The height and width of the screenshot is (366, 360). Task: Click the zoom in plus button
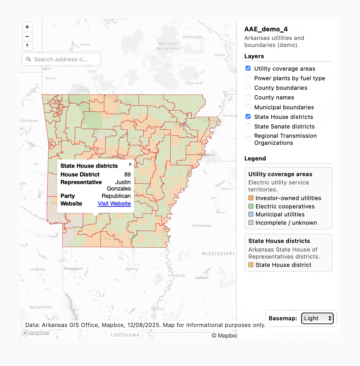pyautogui.click(x=27, y=27)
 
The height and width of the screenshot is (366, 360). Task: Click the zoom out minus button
pyautogui.click(x=27, y=36)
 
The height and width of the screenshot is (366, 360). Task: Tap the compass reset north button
pyautogui.click(x=27, y=46)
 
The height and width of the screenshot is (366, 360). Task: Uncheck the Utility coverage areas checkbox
pyautogui.click(x=248, y=68)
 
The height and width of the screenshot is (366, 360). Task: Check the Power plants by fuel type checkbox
pyautogui.click(x=248, y=78)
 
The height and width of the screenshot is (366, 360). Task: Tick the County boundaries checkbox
pyautogui.click(x=248, y=88)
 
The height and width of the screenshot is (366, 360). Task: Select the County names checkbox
pyautogui.click(x=248, y=97)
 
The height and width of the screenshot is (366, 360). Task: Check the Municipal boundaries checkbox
pyautogui.click(x=248, y=107)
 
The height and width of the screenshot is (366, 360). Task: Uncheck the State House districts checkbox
pyautogui.click(x=248, y=117)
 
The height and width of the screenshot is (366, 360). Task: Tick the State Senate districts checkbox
pyautogui.click(x=248, y=126)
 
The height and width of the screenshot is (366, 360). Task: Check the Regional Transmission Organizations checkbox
pyautogui.click(x=248, y=139)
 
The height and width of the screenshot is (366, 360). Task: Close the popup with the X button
pyautogui.click(x=130, y=164)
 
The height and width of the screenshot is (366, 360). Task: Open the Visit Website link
pyautogui.click(x=114, y=204)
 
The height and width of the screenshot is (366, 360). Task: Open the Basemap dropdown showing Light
pyautogui.click(x=317, y=318)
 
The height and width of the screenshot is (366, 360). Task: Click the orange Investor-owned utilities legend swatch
pyautogui.click(x=251, y=198)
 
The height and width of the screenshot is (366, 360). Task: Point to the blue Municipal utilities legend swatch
pyautogui.click(x=251, y=214)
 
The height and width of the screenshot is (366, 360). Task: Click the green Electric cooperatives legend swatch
pyautogui.click(x=251, y=206)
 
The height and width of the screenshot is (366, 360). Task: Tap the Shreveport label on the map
pyautogui.click(x=73, y=269)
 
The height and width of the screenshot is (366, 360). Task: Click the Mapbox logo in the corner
pyautogui.click(x=36, y=333)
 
